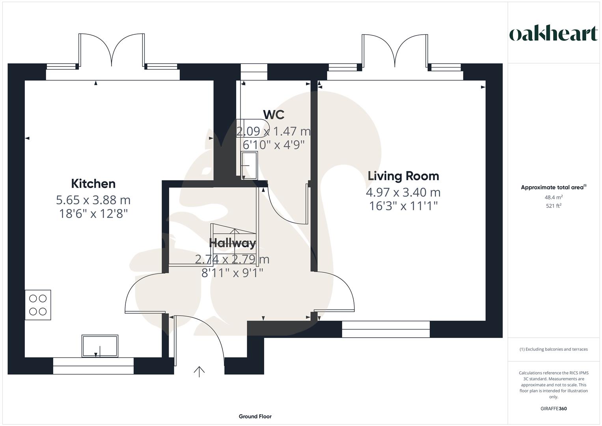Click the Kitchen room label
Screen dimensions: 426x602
click(93, 183)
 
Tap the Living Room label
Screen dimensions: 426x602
click(403, 176)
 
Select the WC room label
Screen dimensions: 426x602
click(274, 114)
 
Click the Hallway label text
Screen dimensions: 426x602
click(232, 243)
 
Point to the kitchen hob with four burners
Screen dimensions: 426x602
click(38, 305)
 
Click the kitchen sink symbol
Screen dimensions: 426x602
click(100, 346)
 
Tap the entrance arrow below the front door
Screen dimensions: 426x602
click(199, 372)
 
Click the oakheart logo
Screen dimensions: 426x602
click(554, 34)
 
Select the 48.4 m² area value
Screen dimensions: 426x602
click(554, 197)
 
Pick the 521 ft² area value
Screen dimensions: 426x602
click(554, 206)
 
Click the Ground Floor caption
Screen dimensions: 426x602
click(255, 416)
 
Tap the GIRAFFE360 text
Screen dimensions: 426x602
click(554, 409)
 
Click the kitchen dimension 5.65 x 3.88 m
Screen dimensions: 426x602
click(93, 200)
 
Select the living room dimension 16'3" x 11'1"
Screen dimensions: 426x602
click(403, 206)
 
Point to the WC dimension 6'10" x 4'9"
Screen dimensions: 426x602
click(274, 145)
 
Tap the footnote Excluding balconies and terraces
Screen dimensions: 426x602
click(554, 349)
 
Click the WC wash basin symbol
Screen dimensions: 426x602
click(249, 165)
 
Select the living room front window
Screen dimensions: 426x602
click(386, 329)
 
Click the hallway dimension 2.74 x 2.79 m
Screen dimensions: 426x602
click(232, 259)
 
